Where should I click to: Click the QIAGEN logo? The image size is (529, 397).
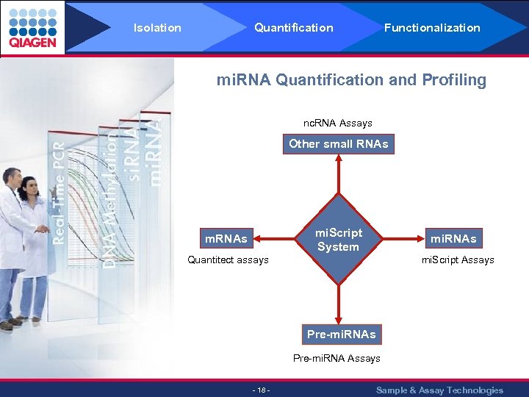pyautogui.click(x=32, y=27)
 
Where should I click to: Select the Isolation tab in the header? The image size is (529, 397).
pyautogui.click(x=157, y=28)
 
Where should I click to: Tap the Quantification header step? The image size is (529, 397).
pyautogui.click(x=293, y=28)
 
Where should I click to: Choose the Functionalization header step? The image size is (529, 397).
pyautogui.click(x=432, y=28)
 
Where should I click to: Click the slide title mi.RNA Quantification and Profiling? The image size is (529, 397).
pyautogui.click(x=351, y=80)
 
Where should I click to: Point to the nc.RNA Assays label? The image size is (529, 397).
pyautogui.click(x=338, y=123)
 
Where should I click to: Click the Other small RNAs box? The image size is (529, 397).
pyautogui.click(x=339, y=144)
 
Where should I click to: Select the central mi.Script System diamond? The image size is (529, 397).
pyautogui.click(x=338, y=240)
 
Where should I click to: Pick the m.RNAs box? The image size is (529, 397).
pyautogui.click(x=226, y=238)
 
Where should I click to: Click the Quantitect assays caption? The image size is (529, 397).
pyautogui.click(x=228, y=260)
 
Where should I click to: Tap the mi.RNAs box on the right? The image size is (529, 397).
pyautogui.click(x=453, y=238)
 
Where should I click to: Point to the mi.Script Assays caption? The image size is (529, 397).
pyautogui.click(x=457, y=260)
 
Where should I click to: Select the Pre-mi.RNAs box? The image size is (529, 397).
pyautogui.click(x=341, y=335)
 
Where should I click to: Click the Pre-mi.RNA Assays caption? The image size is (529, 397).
pyautogui.click(x=337, y=358)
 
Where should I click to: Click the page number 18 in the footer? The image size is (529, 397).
pyautogui.click(x=261, y=390)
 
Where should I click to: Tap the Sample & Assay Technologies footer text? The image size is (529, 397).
pyautogui.click(x=439, y=390)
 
